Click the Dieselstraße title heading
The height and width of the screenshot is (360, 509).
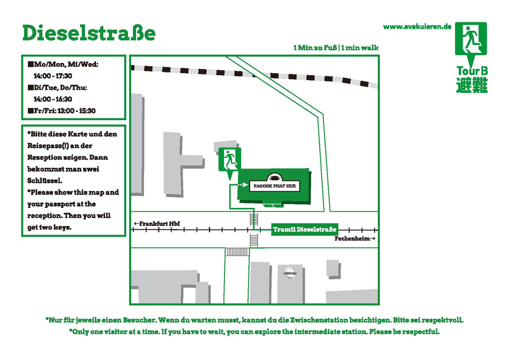coord(88,33)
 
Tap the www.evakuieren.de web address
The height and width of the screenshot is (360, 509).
coord(417,27)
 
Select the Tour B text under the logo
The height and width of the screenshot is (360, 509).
coord(472,71)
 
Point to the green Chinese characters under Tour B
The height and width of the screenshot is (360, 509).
coord(472,85)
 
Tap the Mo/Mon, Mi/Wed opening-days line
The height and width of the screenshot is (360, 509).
coord(63,64)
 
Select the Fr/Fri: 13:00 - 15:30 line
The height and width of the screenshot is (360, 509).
coord(62,111)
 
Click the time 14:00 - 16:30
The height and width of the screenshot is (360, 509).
coord(53,99)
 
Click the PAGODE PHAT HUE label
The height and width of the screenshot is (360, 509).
coord(275,186)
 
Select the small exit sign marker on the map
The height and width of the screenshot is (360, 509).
coord(230,161)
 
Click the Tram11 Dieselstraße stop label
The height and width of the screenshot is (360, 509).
coord(305,230)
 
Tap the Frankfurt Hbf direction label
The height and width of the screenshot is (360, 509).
coord(157,224)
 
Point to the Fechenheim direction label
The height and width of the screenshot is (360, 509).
coord(355,239)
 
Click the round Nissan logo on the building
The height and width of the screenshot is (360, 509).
coord(289,273)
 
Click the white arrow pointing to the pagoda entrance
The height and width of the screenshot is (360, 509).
coord(243,184)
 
